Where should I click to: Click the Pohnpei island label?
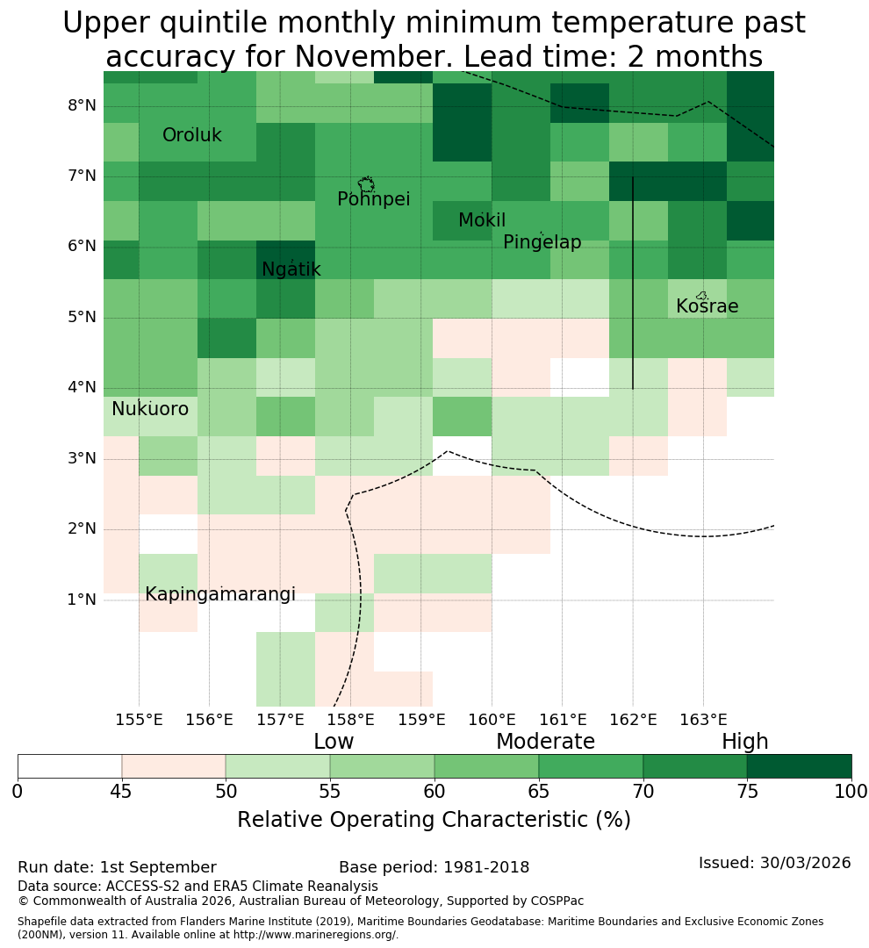click(x=374, y=199)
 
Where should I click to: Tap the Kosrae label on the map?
click(x=707, y=306)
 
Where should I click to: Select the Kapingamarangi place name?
click(x=220, y=594)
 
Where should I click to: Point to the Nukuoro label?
click(x=150, y=409)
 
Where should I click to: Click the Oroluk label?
click(x=191, y=135)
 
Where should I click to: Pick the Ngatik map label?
click(x=291, y=269)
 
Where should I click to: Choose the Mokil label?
click(x=482, y=220)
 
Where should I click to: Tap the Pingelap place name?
click(x=542, y=242)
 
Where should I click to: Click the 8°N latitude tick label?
click(x=82, y=106)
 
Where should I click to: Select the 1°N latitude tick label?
click(x=82, y=600)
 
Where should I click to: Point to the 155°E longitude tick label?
click(x=139, y=720)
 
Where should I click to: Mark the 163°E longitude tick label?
click(x=703, y=720)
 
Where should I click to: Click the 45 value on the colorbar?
click(x=121, y=791)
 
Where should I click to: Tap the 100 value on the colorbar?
click(x=851, y=791)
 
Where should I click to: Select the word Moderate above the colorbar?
click(x=545, y=741)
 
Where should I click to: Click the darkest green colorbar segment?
click(x=799, y=766)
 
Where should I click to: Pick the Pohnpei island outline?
click(x=366, y=184)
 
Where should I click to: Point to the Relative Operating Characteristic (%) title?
click(x=434, y=820)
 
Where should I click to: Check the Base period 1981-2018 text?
click(x=434, y=867)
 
